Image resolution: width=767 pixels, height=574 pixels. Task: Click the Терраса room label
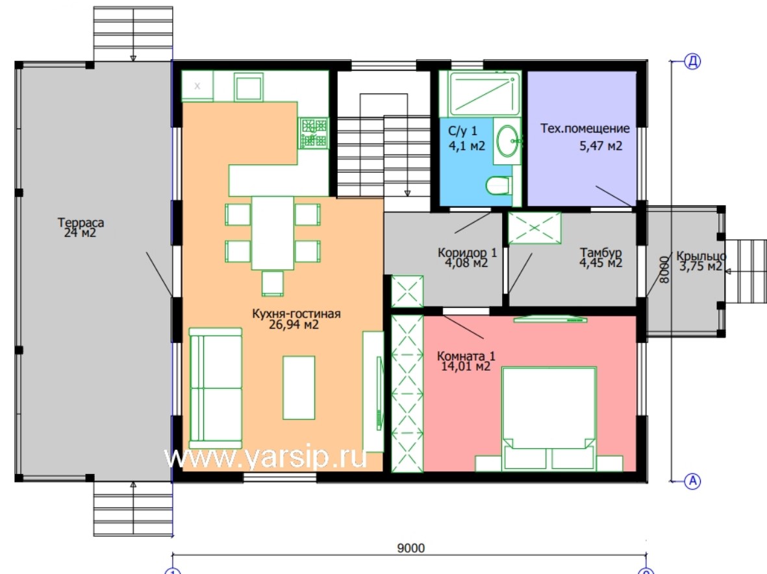pyautogui.click(x=81, y=223)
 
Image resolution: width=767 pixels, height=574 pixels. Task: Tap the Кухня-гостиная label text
pyautogui.click(x=296, y=314)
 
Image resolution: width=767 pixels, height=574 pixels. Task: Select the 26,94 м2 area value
pyautogui.click(x=294, y=325)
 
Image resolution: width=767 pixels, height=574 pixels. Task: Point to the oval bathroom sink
pyautogui.click(x=508, y=141)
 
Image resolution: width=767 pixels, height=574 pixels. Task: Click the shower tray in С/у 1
pyautogui.click(x=484, y=94)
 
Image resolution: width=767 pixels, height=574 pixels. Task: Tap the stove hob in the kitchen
pyautogui.click(x=314, y=132)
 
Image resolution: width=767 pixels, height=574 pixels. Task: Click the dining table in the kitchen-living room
pyautogui.click(x=273, y=232)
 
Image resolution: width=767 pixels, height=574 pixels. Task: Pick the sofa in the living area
pyautogui.click(x=216, y=388)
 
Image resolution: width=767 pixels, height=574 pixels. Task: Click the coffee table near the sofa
pyautogui.click(x=298, y=388)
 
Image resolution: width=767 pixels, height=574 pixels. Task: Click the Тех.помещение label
pyautogui.click(x=585, y=128)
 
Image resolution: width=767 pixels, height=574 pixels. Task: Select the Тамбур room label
pyautogui.click(x=601, y=253)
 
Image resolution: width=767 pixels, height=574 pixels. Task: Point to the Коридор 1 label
pyautogui.click(x=467, y=253)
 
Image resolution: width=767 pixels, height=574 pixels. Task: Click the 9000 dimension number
pyautogui.click(x=411, y=548)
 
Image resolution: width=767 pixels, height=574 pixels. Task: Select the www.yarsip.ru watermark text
pyautogui.click(x=266, y=457)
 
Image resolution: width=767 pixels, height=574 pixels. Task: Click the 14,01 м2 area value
pyautogui.click(x=466, y=367)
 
